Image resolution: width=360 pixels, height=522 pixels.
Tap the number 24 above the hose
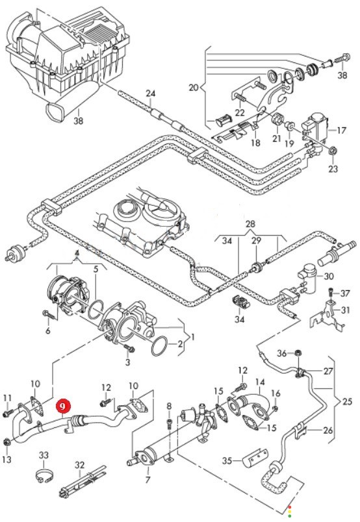(151, 93)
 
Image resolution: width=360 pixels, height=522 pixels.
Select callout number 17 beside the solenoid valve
(341, 130)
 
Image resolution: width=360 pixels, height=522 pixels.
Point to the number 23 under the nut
(333, 168)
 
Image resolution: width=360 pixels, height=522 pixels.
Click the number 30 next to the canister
(329, 276)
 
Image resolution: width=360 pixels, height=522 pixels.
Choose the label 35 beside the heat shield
(227, 460)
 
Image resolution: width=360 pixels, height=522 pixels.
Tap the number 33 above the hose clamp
(44, 454)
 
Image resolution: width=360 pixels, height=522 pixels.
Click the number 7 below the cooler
(148, 480)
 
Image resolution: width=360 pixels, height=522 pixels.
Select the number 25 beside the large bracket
(348, 401)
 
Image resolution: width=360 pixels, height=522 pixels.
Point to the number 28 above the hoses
(250, 224)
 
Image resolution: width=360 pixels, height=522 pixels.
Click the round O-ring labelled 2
(160, 346)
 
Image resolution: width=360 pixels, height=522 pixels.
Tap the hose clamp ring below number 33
(44, 477)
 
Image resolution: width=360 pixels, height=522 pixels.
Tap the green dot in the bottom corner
(290, 516)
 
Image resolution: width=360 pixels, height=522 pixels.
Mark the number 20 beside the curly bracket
(194, 88)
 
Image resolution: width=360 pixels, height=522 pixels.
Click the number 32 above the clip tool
(80, 465)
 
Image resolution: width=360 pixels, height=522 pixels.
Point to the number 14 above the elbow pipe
(260, 382)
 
